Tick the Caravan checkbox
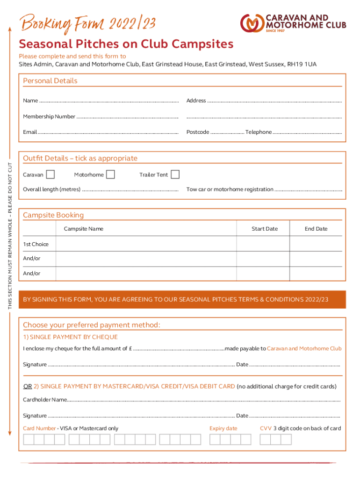tap(50, 174)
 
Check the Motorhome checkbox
tap(110, 174)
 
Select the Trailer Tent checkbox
tap(175, 174)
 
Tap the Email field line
tap(108, 132)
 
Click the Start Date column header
tap(264, 229)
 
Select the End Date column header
tap(316, 229)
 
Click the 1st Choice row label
tap(36, 244)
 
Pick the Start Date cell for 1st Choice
tap(263, 244)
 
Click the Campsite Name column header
tap(84, 229)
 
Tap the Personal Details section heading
tap(50, 81)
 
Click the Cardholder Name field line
tap(203, 400)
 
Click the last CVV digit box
tap(286, 439)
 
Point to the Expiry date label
tap(223, 428)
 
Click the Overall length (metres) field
tap(130, 189)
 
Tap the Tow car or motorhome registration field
tap(308, 189)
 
